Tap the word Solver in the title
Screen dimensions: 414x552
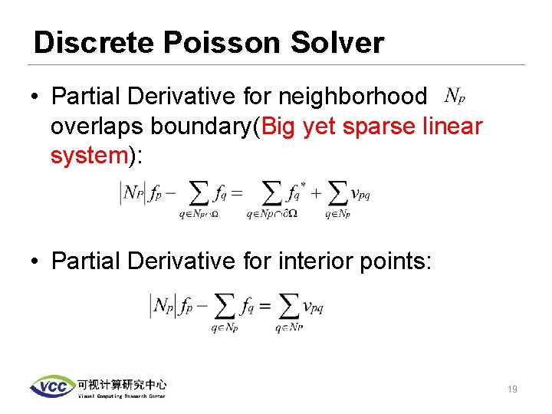[337, 43]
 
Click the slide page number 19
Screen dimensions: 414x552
[512, 389]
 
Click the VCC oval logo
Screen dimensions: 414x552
[51, 386]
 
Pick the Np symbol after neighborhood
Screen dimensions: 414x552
[455, 97]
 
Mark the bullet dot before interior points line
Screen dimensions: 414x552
[35, 261]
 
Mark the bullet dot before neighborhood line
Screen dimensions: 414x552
[35, 97]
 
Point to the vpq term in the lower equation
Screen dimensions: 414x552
[314, 307]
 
